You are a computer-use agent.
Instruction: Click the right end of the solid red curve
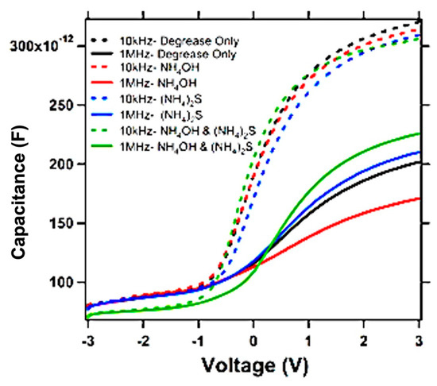tap(419, 199)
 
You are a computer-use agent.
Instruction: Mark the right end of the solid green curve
tap(419, 133)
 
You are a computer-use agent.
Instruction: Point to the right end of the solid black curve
tap(419, 162)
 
